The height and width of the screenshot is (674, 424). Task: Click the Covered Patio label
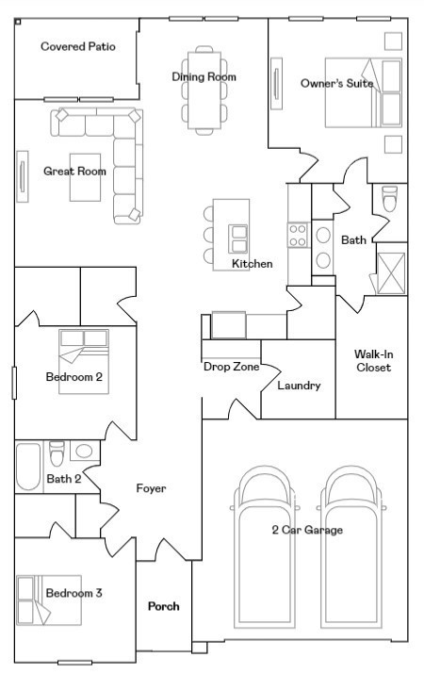pos(78,46)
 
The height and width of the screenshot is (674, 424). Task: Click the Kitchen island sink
pos(240,236)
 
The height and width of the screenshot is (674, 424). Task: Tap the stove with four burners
pos(298,235)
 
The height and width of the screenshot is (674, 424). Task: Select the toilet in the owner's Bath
pos(390,200)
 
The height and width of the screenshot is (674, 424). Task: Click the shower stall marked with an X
pos(390,269)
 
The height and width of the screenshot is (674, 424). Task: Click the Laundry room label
pos(299,386)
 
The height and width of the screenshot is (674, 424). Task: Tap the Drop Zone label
pos(231,367)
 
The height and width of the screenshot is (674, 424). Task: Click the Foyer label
pos(151,488)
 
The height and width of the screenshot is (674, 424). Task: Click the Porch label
pos(163,606)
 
